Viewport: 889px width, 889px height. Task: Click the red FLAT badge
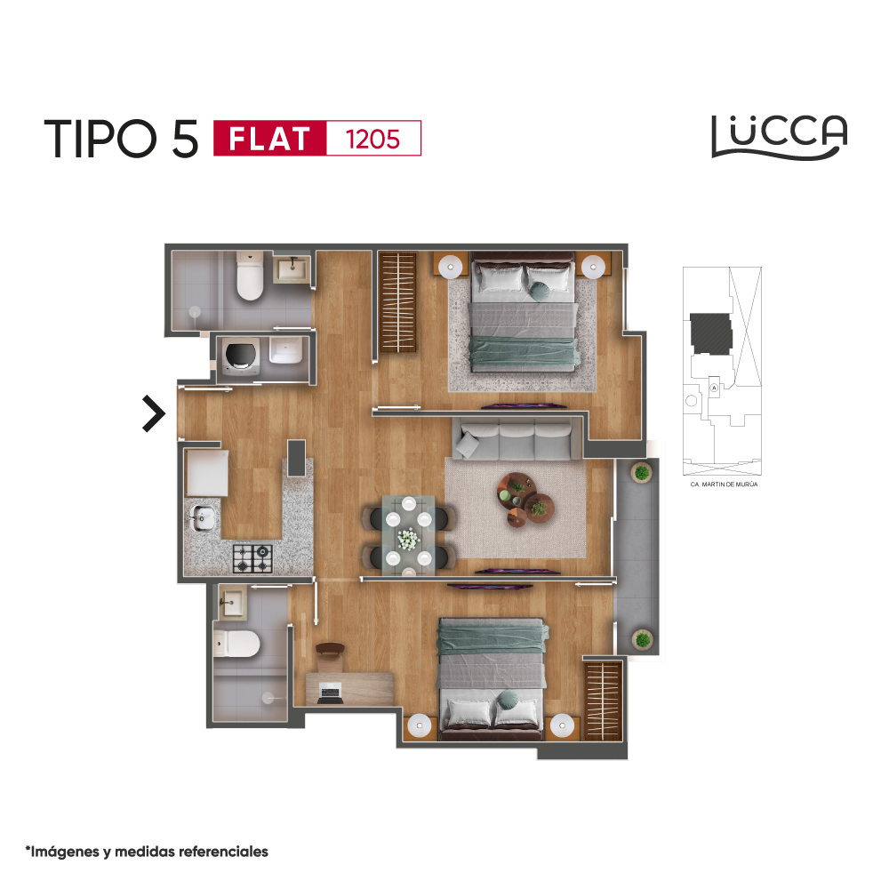(x=270, y=139)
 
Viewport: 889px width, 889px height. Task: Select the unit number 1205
(x=373, y=140)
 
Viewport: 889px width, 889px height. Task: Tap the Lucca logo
(x=779, y=137)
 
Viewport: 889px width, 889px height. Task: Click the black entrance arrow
(x=153, y=413)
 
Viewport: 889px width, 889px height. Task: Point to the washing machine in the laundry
(x=241, y=356)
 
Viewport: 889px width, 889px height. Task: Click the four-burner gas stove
(x=252, y=558)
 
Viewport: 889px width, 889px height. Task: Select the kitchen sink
(x=203, y=517)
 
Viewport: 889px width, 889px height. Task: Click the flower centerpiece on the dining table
(x=408, y=539)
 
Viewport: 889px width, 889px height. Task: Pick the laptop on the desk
(x=331, y=693)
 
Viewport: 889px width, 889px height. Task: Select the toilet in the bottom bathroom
(x=236, y=644)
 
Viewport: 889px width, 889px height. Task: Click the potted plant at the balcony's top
(x=641, y=472)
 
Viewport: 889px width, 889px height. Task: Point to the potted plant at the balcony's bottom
(x=642, y=640)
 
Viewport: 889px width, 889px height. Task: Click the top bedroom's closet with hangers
(x=398, y=303)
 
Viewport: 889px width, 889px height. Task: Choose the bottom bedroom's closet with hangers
(x=604, y=701)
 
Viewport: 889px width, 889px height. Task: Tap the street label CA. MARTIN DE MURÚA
(x=724, y=485)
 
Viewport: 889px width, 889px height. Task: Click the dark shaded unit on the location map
(x=711, y=333)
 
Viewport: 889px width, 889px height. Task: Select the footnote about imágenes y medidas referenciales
(x=147, y=852)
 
